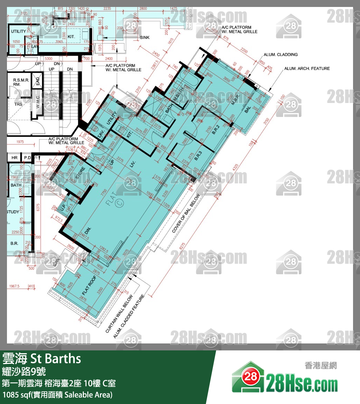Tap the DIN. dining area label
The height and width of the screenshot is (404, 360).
[88, 231]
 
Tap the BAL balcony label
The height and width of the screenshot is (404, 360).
[248, 110]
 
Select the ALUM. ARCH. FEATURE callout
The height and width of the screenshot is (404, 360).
[307, 69]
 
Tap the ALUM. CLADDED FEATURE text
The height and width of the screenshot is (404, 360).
[129, 317]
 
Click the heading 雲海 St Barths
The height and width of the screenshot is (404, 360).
[42, 358]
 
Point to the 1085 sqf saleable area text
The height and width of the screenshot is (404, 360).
[57, 395]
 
